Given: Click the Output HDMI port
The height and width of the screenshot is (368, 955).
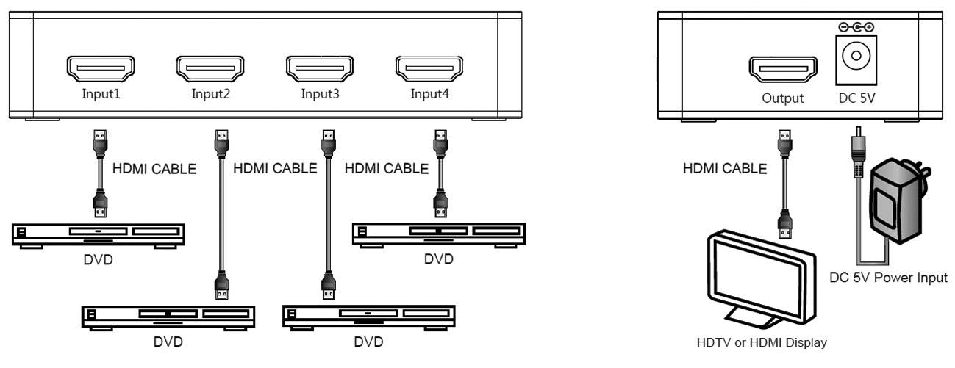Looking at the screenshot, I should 783,70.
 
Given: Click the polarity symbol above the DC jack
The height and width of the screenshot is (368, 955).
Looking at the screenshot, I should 856,27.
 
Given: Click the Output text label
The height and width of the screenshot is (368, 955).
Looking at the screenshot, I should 782,98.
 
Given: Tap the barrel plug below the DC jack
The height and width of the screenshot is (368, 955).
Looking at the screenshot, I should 856,151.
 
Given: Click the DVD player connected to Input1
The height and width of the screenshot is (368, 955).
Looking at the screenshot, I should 97,234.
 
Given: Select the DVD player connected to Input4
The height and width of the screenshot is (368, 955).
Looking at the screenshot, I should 439,234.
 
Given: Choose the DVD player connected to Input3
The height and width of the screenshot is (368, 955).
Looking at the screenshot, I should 368,316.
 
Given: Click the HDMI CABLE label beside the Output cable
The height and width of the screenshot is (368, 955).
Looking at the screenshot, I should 725,168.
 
